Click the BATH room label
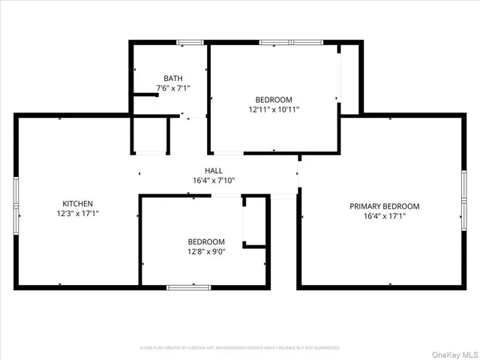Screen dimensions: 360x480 click(173, 78)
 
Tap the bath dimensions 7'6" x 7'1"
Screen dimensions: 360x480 click(173, 88)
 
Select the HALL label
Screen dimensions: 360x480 click(213, 170)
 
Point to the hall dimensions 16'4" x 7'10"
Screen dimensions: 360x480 click(213, 180)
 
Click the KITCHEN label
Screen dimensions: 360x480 click(77, 203)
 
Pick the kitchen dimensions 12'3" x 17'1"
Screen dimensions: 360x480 click(77, 213)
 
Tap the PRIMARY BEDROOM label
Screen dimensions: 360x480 click(384, 206)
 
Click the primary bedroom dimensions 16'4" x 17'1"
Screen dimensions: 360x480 click(384, 216)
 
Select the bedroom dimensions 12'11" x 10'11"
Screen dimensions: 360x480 click(274, 109)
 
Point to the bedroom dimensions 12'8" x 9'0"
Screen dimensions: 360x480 click(206, 252)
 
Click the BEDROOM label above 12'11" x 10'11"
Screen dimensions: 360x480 click(274, 99)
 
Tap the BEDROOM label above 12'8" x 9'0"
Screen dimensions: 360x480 click(206, 241)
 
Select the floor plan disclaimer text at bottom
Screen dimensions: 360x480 click(240, 348)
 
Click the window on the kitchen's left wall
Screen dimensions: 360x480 click(15, 202)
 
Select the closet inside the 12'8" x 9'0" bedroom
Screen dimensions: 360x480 click(255, 220)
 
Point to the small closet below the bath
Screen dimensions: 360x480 click(150, 136)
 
